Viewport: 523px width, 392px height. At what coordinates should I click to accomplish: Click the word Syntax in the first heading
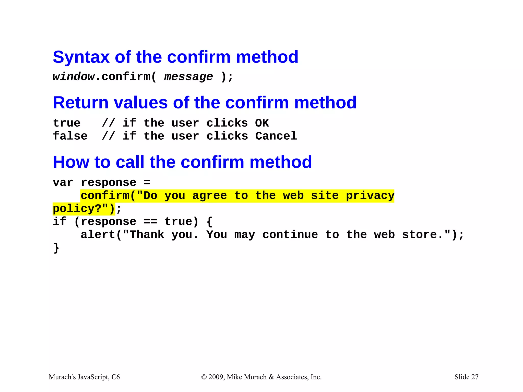(81, 57)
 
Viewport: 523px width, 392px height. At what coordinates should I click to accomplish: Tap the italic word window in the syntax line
(74, 77)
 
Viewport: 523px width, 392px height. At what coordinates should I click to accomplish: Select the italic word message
(188, 77)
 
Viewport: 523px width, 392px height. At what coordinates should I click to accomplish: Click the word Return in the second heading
(81, 103)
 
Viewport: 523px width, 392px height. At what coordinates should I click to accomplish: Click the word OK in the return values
(262, 123)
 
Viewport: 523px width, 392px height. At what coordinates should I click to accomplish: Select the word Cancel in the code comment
(276, 136)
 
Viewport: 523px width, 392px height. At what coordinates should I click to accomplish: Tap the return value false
(70, 136)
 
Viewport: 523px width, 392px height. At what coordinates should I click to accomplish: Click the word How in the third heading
(71, 162)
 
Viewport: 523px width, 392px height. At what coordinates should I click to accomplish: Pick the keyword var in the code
(63, 183)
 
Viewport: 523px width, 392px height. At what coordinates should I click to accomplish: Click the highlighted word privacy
(370, 196)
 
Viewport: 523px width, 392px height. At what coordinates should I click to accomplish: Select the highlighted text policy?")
(84, 209)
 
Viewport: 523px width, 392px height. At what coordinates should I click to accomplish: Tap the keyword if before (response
(60, 222)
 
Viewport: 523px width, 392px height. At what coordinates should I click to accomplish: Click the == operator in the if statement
(150, 222)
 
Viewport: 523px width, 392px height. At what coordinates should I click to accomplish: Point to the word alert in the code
(98, 235)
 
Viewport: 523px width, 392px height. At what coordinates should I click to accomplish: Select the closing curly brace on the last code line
(56, 248)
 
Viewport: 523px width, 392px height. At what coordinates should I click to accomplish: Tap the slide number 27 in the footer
(475, 377)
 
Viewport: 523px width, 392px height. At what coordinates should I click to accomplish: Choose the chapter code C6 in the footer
(115, 377)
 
